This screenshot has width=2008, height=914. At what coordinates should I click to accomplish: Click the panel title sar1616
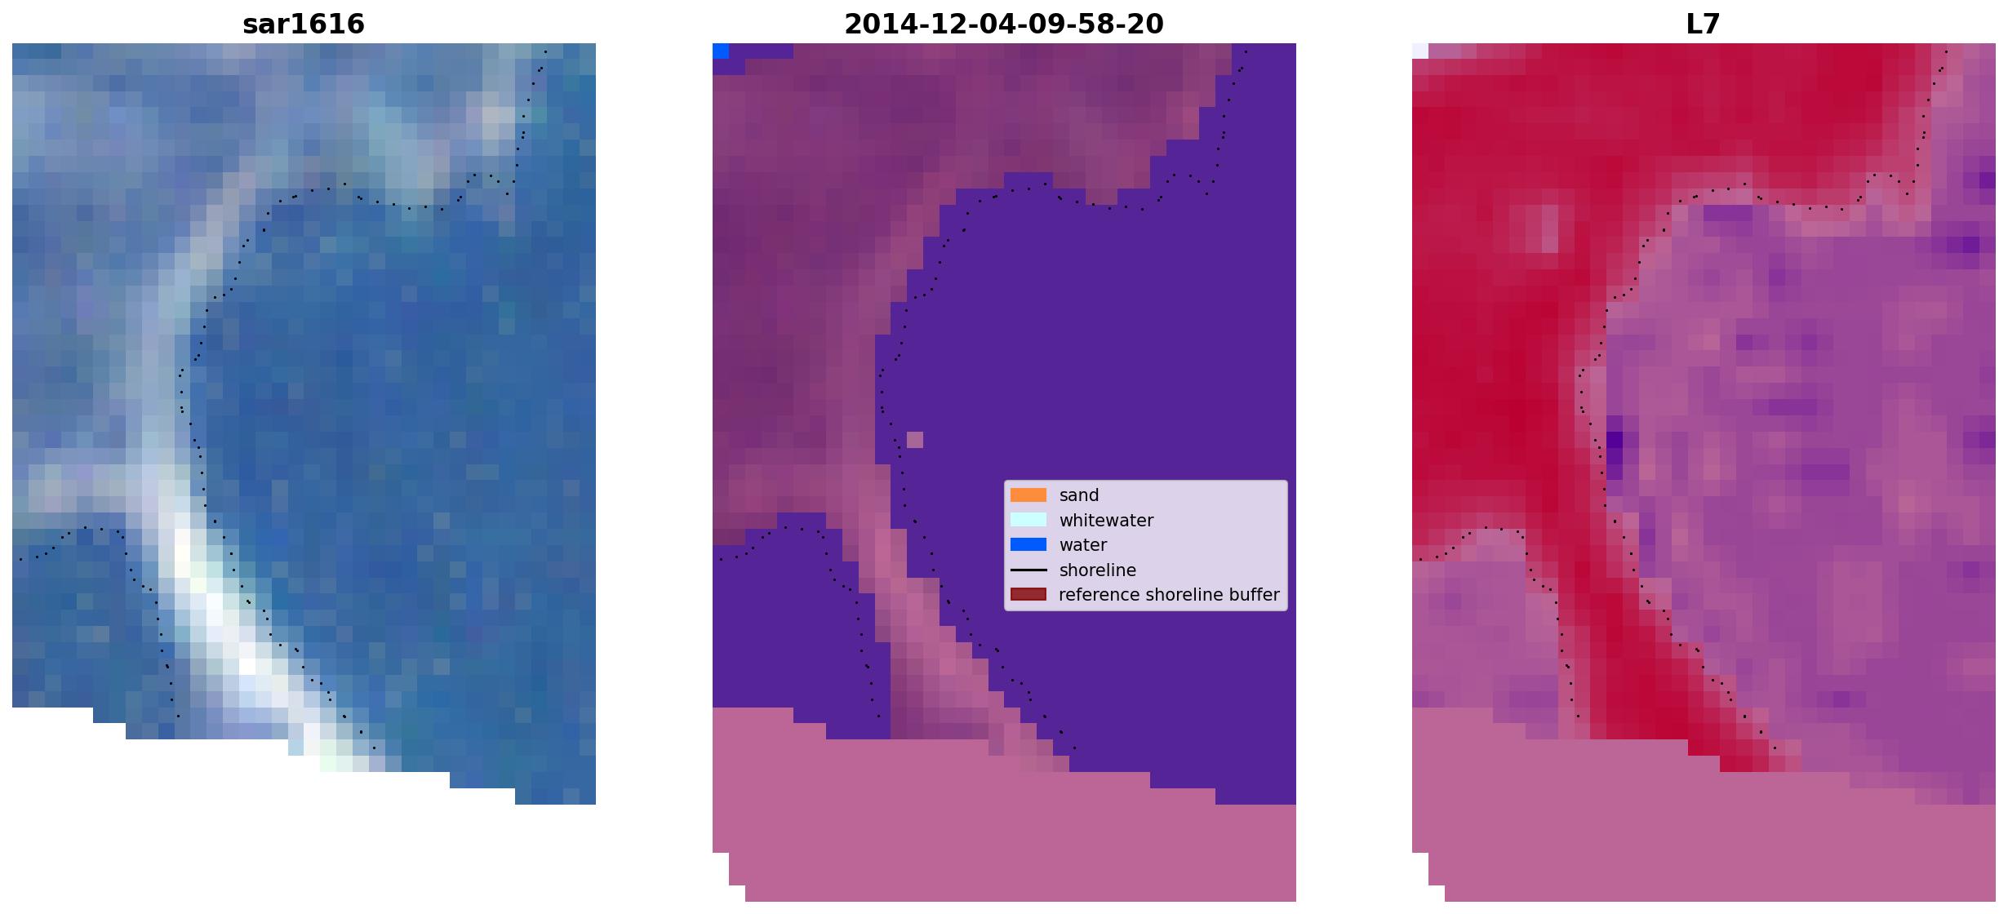[304, 24]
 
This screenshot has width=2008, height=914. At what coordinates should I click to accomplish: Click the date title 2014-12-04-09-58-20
[1004, 24]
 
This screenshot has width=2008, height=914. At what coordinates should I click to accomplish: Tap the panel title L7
[1704, 24]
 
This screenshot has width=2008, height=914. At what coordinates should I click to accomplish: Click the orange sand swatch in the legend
[1028, 495]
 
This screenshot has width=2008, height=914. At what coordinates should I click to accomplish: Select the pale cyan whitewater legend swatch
[1028, 520]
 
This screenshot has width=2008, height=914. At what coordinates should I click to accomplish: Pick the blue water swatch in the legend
[1028, 544]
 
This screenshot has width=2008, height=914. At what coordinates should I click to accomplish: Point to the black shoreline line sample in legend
[1028, 570]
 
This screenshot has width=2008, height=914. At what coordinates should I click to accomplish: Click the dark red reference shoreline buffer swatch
[1028, 594]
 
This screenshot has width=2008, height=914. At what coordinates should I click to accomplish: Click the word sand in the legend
[1079, 495]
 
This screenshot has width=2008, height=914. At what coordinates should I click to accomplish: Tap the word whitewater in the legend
[1106, 521]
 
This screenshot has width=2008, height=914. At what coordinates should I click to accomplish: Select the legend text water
[1083, 545]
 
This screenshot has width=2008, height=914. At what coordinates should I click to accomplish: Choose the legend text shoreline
[1098, 570]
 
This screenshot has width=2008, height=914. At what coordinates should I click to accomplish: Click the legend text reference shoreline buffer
[1169, 595]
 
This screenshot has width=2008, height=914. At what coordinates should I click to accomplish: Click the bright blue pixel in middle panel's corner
[721, 51]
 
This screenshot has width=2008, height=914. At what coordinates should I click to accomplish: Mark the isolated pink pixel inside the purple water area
[915, 440]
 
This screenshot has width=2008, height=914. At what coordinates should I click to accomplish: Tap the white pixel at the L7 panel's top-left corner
[1420, 51]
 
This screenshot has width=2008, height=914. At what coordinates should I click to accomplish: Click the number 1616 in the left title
[329, 24]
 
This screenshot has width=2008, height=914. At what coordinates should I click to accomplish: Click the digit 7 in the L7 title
[1713, 24]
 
